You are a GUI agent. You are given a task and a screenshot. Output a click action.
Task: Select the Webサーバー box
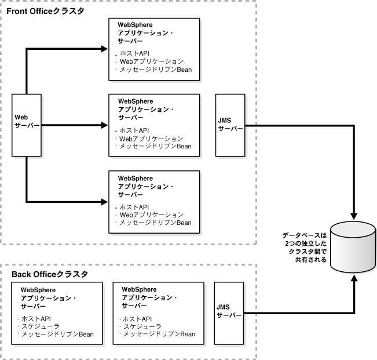click(27, 125)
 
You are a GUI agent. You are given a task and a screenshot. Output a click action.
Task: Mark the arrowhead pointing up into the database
click(353, 278)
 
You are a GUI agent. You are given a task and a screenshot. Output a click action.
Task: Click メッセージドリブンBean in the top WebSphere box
click(155, 70)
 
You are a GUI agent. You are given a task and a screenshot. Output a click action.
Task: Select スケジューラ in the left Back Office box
click(41, 327)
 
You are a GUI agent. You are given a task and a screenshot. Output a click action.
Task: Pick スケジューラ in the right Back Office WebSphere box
click(142, 326)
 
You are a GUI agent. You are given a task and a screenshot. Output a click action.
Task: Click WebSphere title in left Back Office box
click(39, 289)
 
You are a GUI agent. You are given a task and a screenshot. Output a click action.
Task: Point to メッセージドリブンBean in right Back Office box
click(158, 334)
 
